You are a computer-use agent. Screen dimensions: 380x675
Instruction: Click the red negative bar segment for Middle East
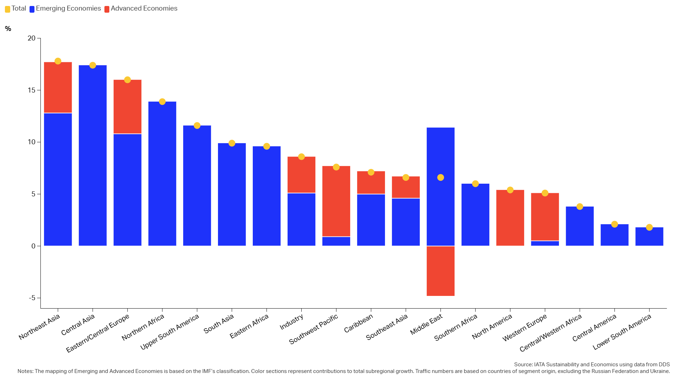441,271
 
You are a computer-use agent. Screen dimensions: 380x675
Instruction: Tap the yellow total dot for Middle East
441,177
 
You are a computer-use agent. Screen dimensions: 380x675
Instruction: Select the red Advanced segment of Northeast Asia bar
58,88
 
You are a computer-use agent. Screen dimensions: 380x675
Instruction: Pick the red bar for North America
510,218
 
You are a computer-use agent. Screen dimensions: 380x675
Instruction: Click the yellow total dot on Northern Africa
162,102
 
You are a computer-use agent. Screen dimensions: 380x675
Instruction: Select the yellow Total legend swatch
7,9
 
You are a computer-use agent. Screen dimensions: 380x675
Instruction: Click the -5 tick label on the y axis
32,298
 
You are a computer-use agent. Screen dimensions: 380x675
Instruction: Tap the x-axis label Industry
291,322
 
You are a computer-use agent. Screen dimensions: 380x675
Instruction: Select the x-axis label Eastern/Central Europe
98,333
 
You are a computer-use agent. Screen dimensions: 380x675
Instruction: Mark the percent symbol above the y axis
8,29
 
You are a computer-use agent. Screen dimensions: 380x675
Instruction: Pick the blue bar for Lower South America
649,236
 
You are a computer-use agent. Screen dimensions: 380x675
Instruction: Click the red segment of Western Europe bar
545,217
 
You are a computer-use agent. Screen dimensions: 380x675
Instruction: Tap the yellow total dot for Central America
615,224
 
